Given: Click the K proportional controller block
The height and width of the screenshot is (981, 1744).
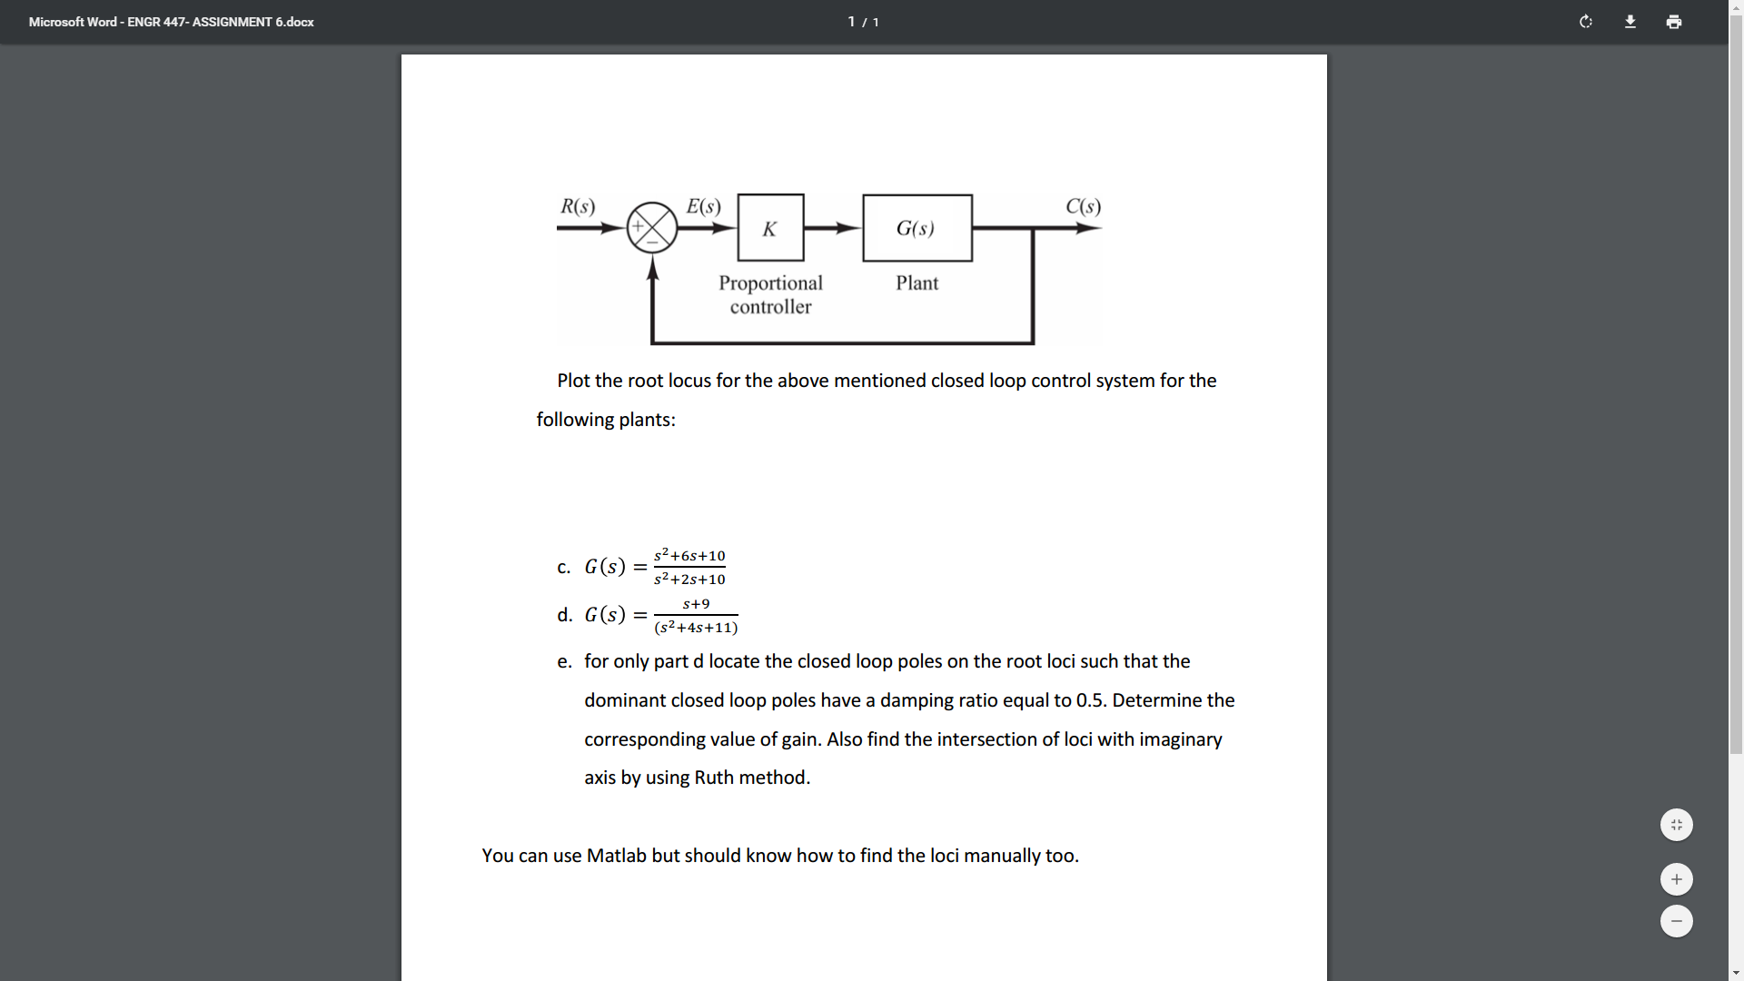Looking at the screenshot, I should point(770,228).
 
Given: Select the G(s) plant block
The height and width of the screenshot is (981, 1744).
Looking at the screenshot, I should point(917,228).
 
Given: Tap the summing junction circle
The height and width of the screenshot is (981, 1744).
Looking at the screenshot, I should point(652,227).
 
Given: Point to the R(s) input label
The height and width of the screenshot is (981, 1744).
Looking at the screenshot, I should point(578,206).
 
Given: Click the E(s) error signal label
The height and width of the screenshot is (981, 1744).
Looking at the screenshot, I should point(703,206).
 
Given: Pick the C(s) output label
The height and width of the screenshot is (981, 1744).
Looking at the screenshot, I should point(1083,206).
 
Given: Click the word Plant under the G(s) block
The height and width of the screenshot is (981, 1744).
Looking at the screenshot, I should point(917,283).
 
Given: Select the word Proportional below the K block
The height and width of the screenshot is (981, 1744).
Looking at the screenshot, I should point(770,283).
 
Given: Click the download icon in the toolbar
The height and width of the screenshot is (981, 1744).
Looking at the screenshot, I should point(1630,22).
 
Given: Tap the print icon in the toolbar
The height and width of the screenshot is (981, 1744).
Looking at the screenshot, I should point(1674,22).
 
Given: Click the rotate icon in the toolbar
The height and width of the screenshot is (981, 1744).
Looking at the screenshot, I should point(1586,22).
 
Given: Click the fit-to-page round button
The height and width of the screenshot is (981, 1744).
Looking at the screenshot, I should point(1676,825).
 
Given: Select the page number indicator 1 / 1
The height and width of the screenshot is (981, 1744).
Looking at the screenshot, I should point(863,22).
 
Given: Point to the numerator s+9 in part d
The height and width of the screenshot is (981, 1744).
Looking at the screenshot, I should point(696,604).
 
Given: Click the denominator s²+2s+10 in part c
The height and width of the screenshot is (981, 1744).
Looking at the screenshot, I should point(689,580).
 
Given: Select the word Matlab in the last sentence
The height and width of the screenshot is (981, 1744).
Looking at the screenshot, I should point(616,856).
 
